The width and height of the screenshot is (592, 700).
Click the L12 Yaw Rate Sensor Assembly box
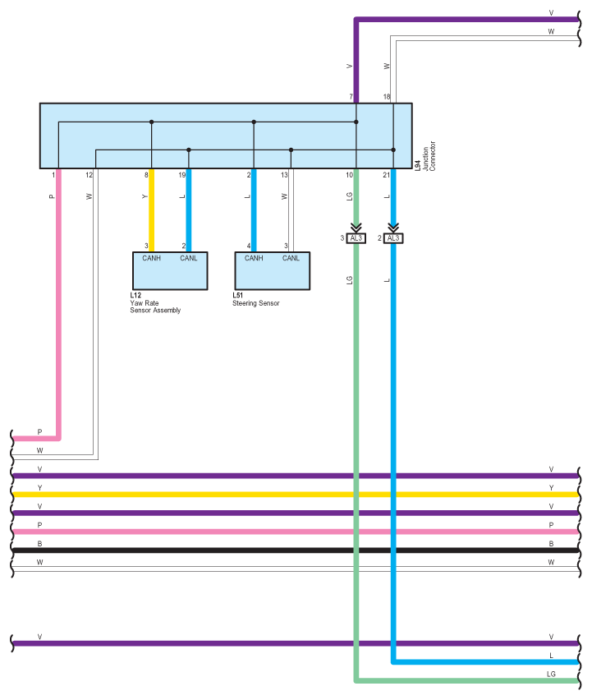(170, 271)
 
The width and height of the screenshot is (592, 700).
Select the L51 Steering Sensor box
(272, 271)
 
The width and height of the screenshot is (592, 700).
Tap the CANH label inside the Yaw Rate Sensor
(151, 258)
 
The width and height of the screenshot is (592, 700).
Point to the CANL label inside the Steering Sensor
(291, 258)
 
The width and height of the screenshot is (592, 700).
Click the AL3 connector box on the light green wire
(356, 238)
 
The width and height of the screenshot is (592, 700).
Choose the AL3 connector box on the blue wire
(393, 238)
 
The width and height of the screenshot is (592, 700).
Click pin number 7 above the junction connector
(351, 96)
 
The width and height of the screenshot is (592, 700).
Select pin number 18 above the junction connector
(387, 96)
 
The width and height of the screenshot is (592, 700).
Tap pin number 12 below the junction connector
(89, 175)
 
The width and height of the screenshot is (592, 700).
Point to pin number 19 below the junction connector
(182, 175)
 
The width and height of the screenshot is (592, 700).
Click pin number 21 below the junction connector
(387, 175)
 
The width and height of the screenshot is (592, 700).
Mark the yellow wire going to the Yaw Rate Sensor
(152, 210)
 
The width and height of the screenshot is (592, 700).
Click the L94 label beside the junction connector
(418, 166)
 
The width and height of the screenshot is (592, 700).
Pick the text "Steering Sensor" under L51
(255, 303)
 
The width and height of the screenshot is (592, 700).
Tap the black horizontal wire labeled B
(296, 550)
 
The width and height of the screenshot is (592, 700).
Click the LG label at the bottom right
(551, 674)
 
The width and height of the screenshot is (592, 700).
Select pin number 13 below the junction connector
(284, 175)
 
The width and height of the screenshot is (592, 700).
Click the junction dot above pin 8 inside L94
(152, 122)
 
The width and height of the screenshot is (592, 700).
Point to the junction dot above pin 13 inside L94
(291, 150)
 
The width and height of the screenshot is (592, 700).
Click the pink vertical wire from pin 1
(58, 303)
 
